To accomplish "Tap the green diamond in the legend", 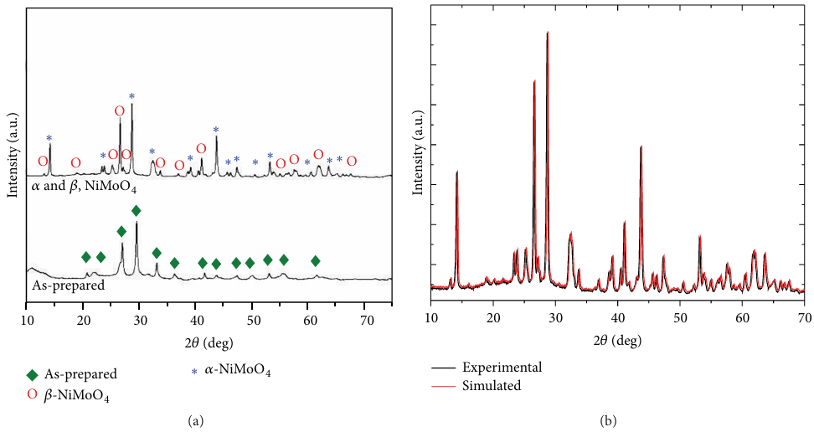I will pos(33,374).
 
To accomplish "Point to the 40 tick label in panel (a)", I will pos(196,318).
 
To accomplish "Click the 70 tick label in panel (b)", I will pos(804,318).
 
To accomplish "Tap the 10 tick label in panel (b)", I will pos(430,318).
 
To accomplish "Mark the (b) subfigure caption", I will pos(617,419).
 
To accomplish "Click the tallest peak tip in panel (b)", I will pos(548,33).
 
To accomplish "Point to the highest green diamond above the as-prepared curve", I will pos(137,210).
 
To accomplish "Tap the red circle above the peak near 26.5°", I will pos(120,111).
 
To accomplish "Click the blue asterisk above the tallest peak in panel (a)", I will pos(131,96).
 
